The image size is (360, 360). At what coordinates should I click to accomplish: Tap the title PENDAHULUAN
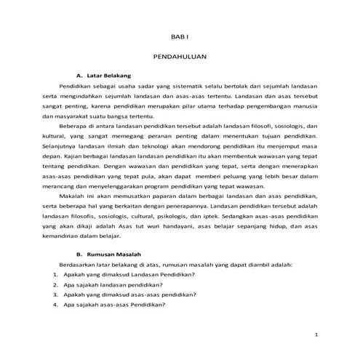tap(180, 55)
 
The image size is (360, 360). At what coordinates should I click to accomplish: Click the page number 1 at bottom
tap(316, 334)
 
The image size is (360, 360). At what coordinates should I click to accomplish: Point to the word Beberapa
tap(74, 126)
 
